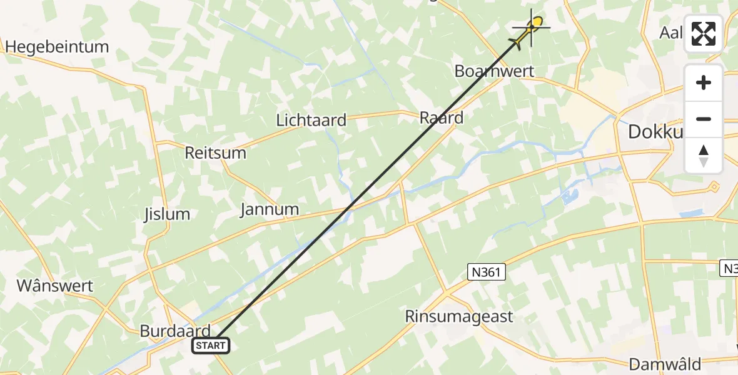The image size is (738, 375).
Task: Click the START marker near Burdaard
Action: (x=211, y=345)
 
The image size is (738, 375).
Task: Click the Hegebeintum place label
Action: (x=56, y=47)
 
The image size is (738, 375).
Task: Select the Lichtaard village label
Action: (x=311, y=120)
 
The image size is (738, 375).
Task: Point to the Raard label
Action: (x=442, y=117)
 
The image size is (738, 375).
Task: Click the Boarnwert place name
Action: (x=494, y=71)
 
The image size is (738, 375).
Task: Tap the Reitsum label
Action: (x=215, y=153)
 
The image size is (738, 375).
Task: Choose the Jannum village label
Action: (x=270, y=209)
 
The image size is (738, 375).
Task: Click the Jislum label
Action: (x=166, y=214)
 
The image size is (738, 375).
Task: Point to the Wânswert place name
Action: (x=54, y=286)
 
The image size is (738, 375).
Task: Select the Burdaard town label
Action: (x=174, y=331)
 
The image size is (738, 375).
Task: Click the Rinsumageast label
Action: (x=459, y=316)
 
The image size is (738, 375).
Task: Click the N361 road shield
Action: (x=486, y=271)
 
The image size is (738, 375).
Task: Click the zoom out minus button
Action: (x=704, y=119)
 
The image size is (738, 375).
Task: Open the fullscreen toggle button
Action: (x=704, y=34)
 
